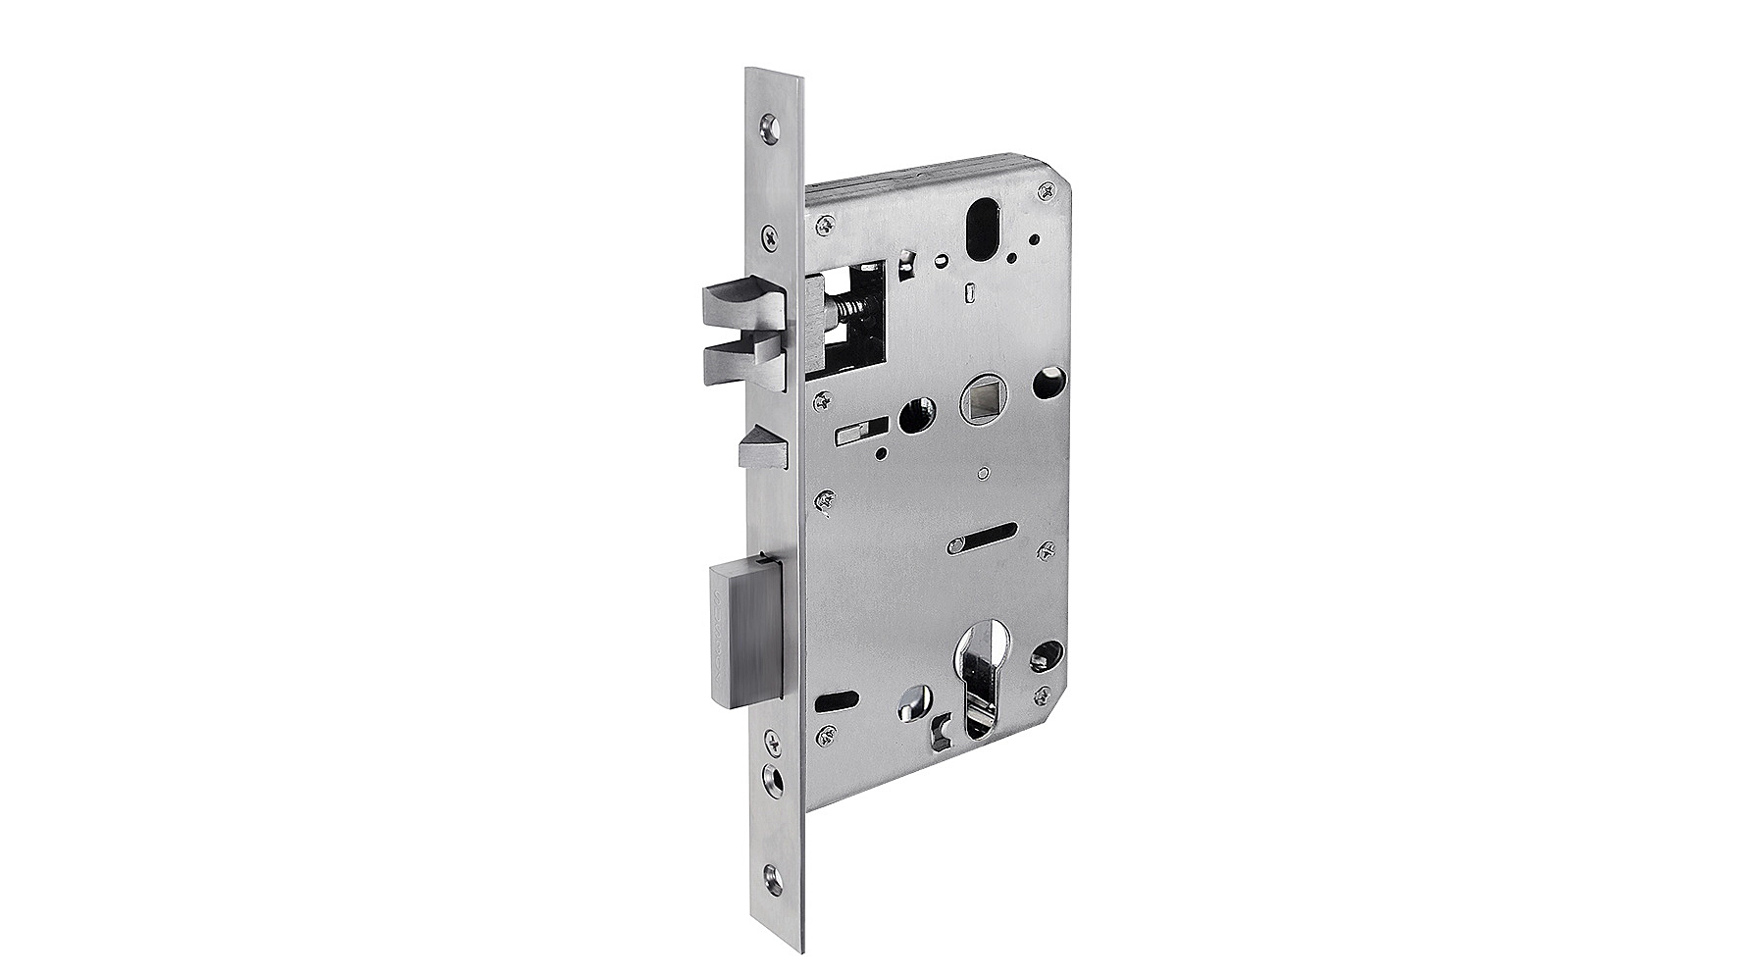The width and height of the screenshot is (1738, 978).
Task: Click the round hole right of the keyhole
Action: click(x=1048, y=652)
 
